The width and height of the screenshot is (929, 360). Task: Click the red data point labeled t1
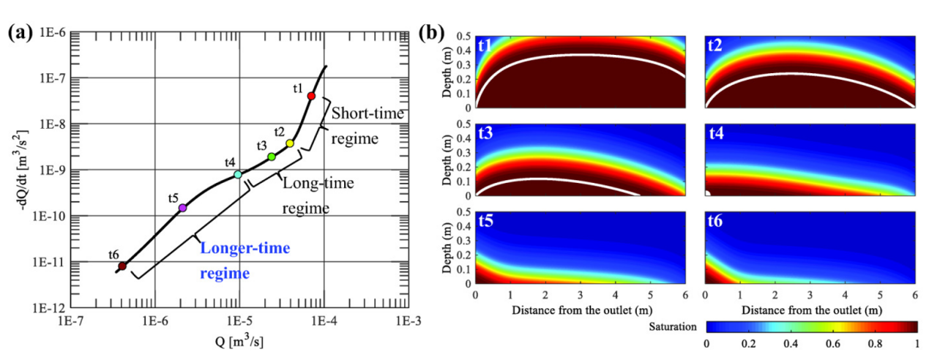point(311,96)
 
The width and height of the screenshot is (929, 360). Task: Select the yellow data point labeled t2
point(290,143)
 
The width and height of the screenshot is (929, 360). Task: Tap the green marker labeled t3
point(272,157)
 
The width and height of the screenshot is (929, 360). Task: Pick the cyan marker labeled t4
point(238,174)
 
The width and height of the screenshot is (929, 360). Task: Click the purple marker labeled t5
point(182,208)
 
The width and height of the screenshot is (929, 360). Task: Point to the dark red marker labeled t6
point(122,266)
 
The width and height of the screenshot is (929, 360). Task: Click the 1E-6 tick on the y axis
point(53,34)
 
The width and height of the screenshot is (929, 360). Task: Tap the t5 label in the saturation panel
point(487,222)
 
